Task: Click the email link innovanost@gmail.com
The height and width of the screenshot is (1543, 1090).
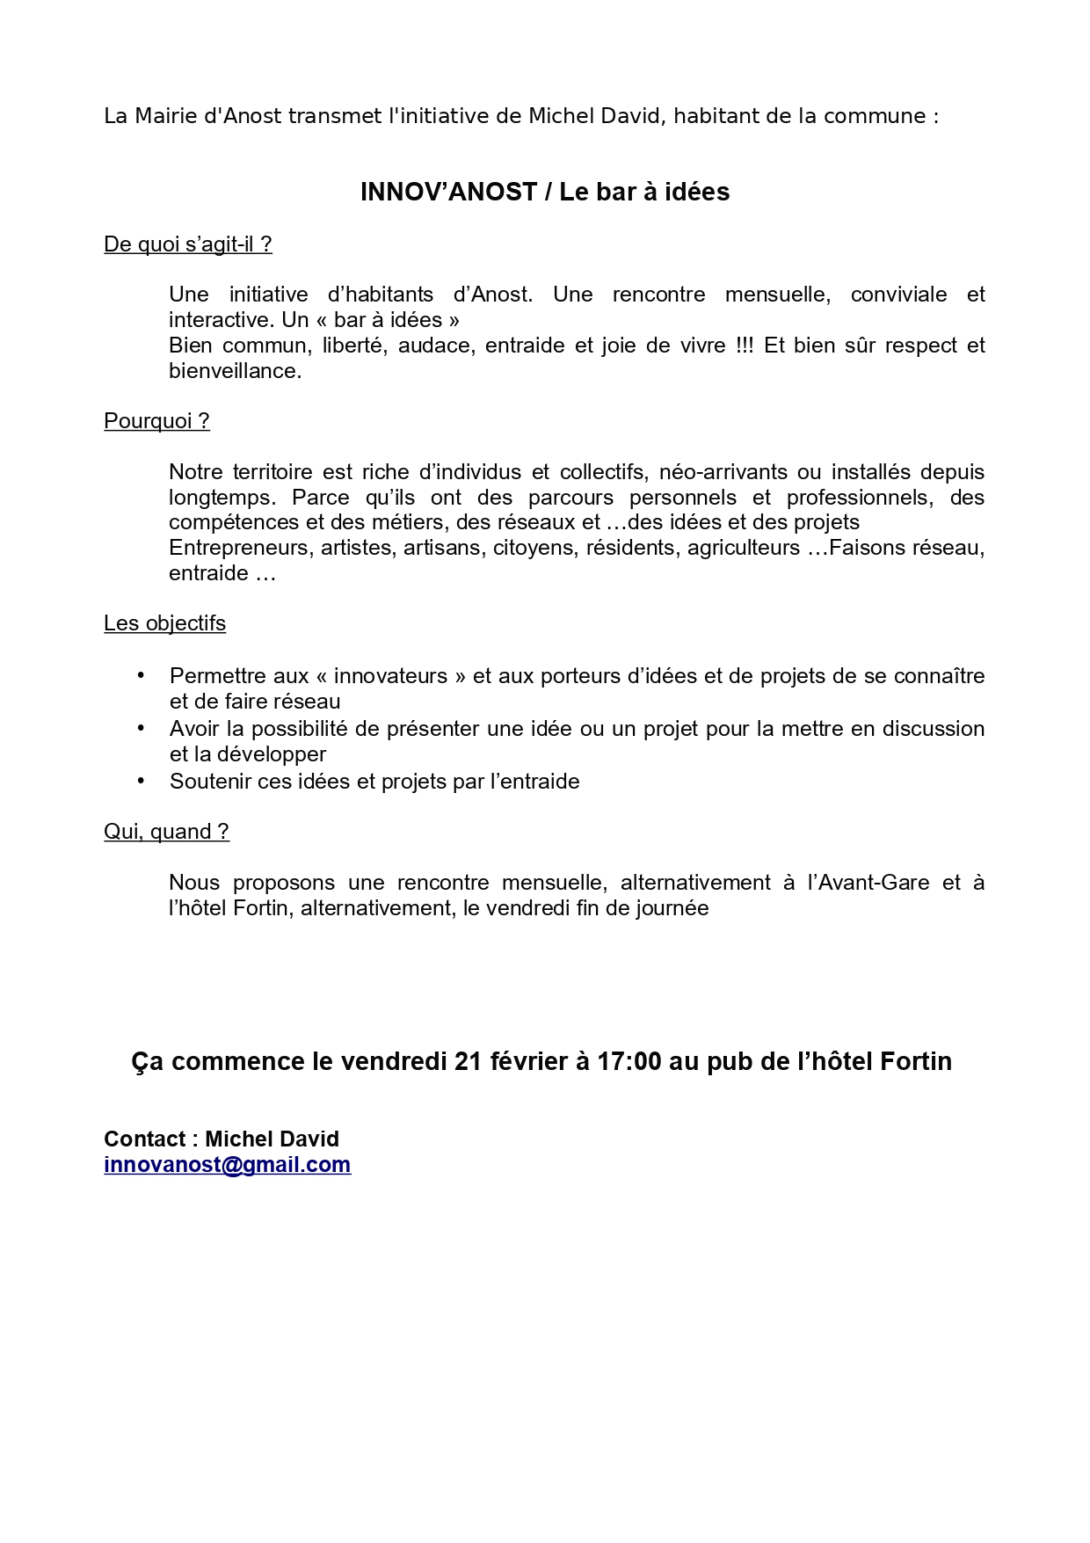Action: pyautogui.click(x=227, y=1164)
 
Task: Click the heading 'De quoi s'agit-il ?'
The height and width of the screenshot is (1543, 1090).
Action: pyautogui.click(x=187, y=244)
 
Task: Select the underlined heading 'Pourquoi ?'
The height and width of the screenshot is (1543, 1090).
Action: pyautogui.click(x=156, y=421)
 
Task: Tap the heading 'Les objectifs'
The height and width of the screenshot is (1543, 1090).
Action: pyautogui.click(x=164, y=623)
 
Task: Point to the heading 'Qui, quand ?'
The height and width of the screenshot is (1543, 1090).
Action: pyautogui.click(x=166, y=832)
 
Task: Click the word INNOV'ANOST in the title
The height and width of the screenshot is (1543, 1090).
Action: pyautogui.click(x=448, y=193)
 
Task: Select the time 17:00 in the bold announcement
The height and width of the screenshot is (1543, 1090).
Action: pyautogui.click(x=629, y=1062)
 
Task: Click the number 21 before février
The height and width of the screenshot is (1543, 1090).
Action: pyautogui.click(x=469, y=1062)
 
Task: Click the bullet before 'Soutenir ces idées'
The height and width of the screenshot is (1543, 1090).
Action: pyautogui.click(x=141, y=781)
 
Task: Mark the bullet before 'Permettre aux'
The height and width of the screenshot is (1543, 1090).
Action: pyautogui.click(x=141, y=675)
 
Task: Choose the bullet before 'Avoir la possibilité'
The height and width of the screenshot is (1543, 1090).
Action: pyautogui.click(x=141, y=728)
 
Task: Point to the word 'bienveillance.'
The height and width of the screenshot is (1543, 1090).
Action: pyautogui.click(x=235, y=371)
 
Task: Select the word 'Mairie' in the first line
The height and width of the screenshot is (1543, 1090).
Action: pyautogui.click(x=166, y=116)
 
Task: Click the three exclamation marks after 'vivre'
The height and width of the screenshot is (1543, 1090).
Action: pyautogui.click(x=745, y=346)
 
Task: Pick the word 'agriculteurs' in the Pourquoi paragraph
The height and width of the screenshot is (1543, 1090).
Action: pyautogui.click(x=744, y=548)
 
